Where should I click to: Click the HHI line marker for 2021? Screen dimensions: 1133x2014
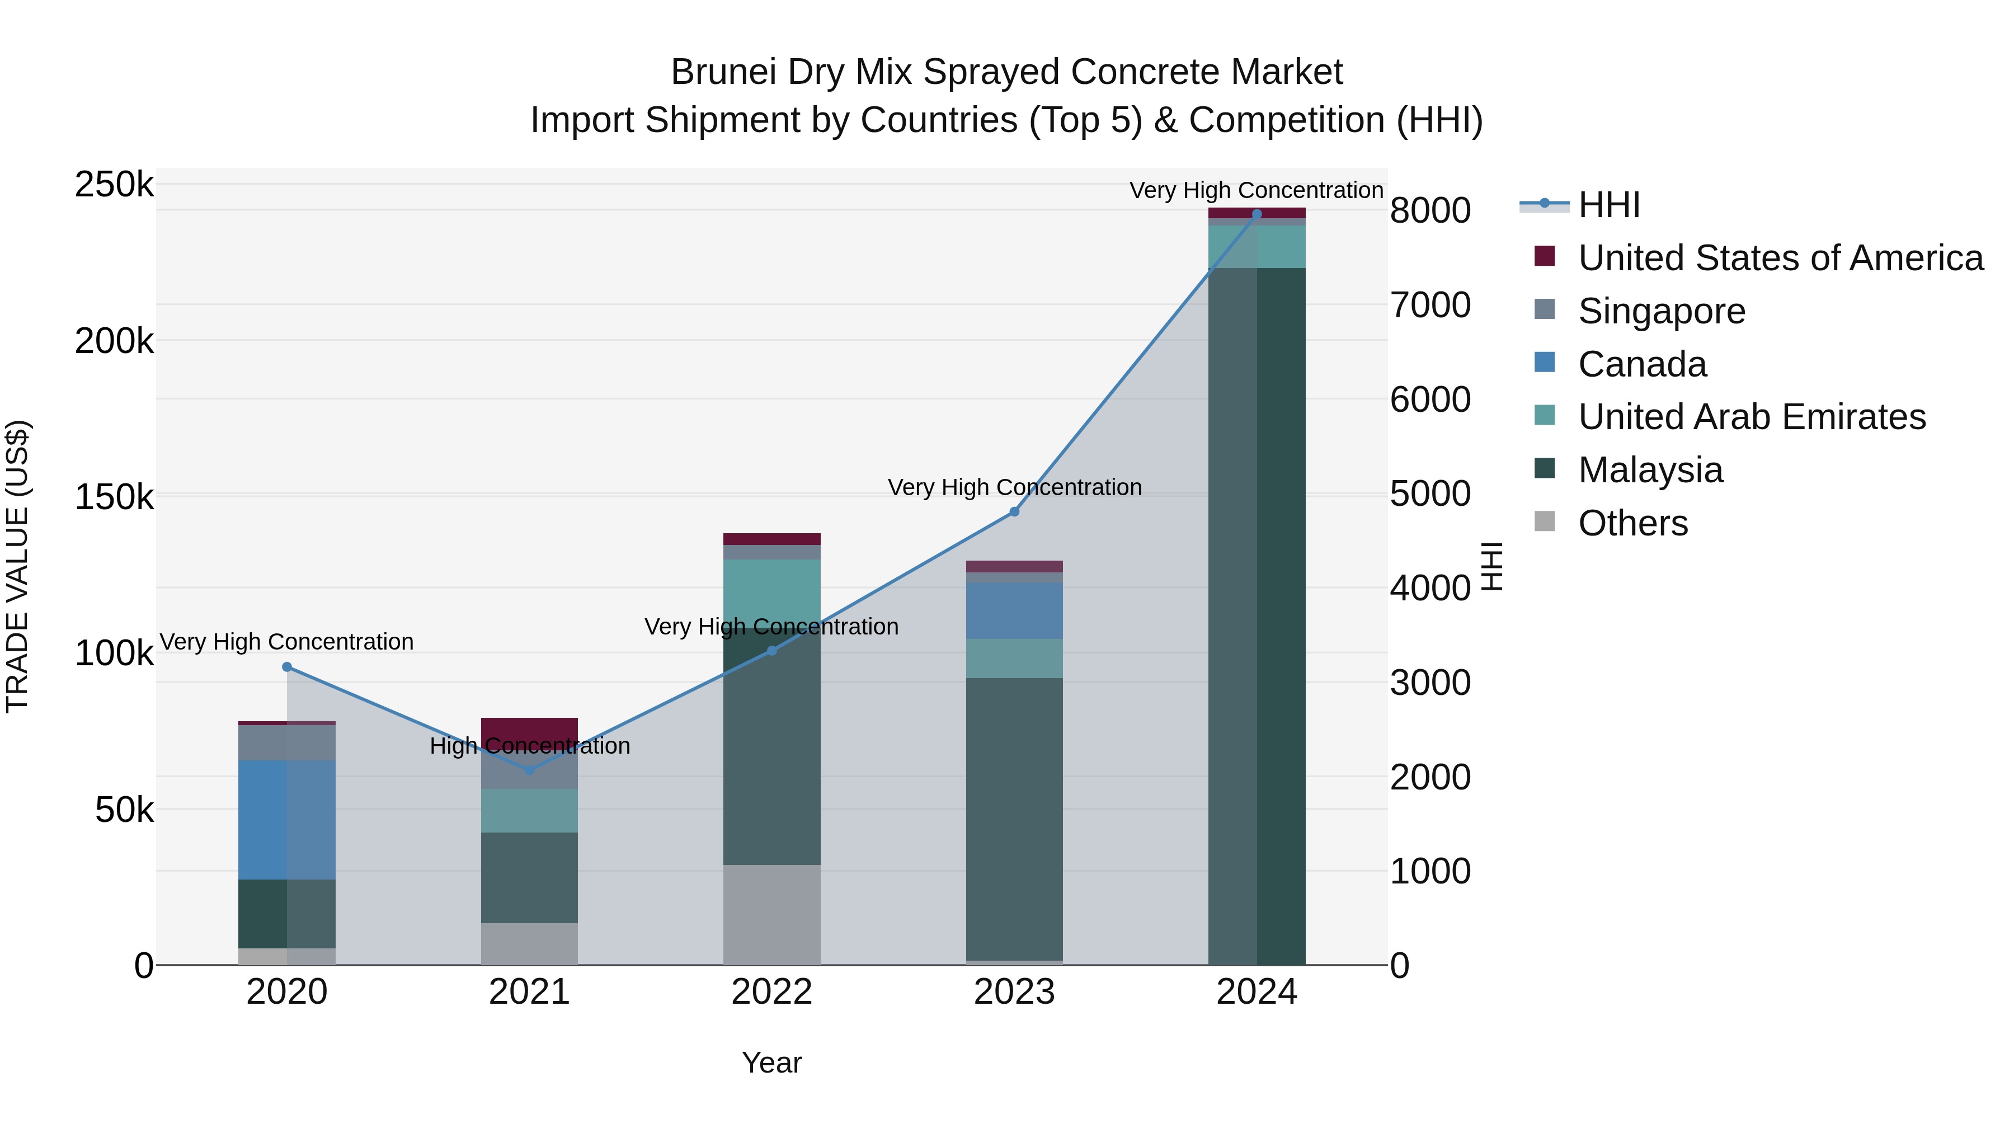pyautogui.click(x=529, y=770)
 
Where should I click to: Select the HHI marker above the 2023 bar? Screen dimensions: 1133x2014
pyautogui.click(x=1014, y=511)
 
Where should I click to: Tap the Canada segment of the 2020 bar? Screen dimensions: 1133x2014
pyautogui.click(x=286, y=820)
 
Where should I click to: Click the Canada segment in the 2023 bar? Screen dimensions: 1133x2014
pyautogui.click(x=1014, y=610)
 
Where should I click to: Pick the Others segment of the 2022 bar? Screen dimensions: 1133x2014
pyautogui.click(x=771, y=914)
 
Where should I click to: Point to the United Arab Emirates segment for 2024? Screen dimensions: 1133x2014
pyautogui.click(x=1257, y=246)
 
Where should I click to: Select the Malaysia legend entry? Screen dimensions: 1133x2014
pyautogui.click(x=1650, y=470)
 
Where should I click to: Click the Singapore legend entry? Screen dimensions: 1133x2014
pyautogui.click(x=1662, y=311)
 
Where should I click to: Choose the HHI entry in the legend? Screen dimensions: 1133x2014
pyautogui.click(x=1608, y=205)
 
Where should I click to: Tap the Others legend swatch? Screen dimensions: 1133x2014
pyautogui.click(x=1544, y=521)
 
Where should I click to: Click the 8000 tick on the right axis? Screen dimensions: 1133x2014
pyautogui.click(x=1430, y=210)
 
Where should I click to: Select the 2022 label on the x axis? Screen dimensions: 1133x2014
pyautogui.click(x=771, y=992)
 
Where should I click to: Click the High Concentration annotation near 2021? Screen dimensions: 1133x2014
pyautogui.click(x=529, y=746)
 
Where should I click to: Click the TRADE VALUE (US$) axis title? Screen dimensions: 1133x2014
pyautogui.click(x=17, y=566)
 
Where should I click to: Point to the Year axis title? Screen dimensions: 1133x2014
pyautogui.click(x=771, y=1063)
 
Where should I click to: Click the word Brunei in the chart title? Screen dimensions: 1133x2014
pyautogui.click(x=723, y=72)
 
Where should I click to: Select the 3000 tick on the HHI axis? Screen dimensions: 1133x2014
pyautogui.click(x=1430, y=683)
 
